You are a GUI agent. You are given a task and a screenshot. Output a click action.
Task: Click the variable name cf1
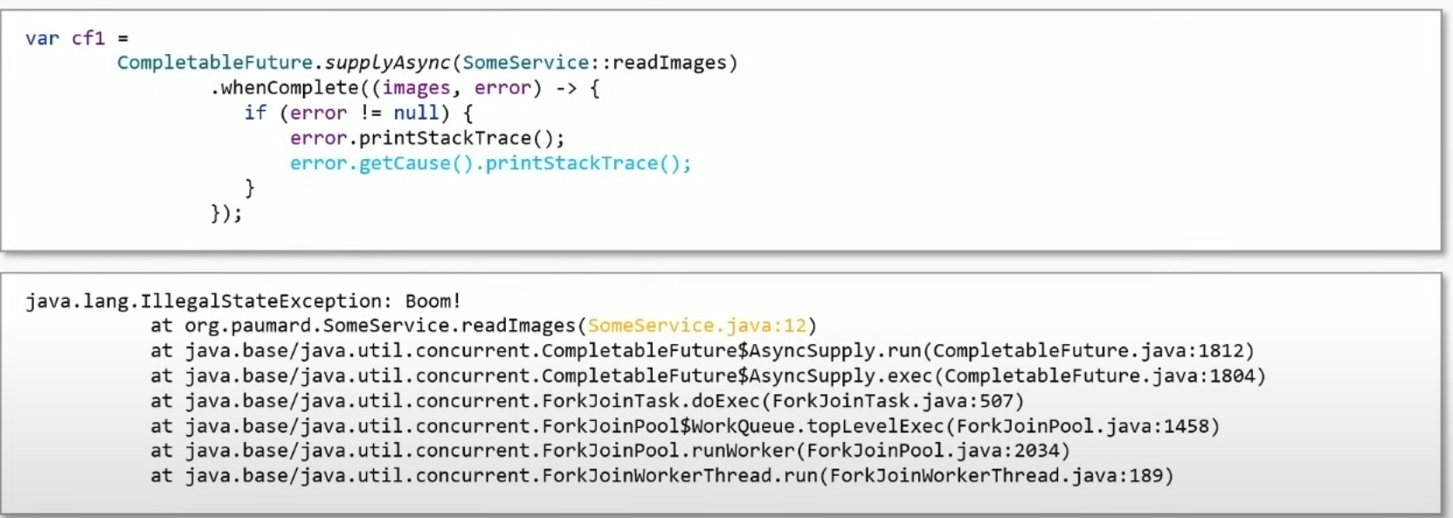coord(88,38)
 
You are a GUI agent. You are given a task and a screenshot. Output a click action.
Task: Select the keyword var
coord(42,38)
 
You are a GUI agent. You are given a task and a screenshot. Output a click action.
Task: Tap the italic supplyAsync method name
coord(387,63)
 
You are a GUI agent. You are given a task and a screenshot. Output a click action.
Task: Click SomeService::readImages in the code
coord(600,63)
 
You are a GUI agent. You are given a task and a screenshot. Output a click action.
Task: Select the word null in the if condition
coord(416,113)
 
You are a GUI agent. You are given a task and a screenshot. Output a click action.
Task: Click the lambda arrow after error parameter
coord(565,88)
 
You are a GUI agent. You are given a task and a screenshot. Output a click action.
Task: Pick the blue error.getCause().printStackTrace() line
coord(490,163)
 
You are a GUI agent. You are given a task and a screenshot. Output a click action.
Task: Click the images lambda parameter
coord(416,88)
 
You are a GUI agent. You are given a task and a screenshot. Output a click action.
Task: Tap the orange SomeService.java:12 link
coord(697,326)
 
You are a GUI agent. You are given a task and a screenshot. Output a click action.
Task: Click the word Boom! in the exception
coord(432,301)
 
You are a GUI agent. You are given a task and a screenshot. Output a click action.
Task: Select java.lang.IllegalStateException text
coord(204,301)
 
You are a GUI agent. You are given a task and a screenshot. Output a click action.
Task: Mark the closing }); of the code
coord(226,213)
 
